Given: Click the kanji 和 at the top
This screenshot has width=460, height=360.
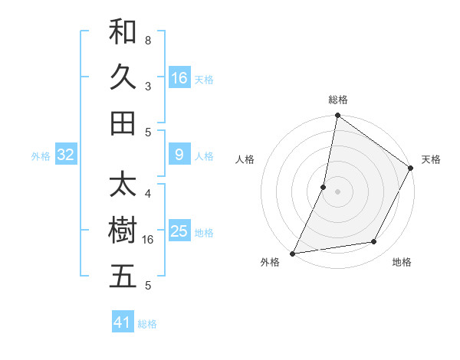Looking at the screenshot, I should [123, 32].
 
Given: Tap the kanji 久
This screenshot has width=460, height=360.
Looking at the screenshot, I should [123, 77].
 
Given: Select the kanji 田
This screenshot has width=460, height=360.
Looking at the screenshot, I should [123, 122].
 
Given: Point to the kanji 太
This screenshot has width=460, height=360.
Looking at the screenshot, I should [123, 185].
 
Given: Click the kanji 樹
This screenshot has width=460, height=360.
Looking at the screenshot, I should [123, 231].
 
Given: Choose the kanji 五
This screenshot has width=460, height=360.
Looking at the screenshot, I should [123, 276].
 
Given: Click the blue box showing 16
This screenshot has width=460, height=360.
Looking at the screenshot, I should [179, 77].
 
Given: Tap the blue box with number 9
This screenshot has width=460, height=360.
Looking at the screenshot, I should [179, 155].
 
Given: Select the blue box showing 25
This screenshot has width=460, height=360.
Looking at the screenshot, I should [179, 231].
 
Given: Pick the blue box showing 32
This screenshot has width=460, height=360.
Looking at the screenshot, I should [66, 155].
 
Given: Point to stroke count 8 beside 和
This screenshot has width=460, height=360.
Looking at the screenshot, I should [147, 39].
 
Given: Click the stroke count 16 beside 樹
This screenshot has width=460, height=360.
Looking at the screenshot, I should [149, 240].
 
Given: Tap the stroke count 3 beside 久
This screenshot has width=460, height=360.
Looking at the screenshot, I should [147, 87].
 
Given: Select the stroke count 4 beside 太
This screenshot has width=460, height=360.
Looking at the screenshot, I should [147, 193].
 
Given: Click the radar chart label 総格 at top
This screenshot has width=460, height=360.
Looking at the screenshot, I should [337, 100].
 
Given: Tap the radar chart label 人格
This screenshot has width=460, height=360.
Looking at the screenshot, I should [245, 159].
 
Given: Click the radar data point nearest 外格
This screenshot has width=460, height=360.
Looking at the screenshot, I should [293, 254].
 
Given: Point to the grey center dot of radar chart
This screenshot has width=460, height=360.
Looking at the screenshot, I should [337, 191].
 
